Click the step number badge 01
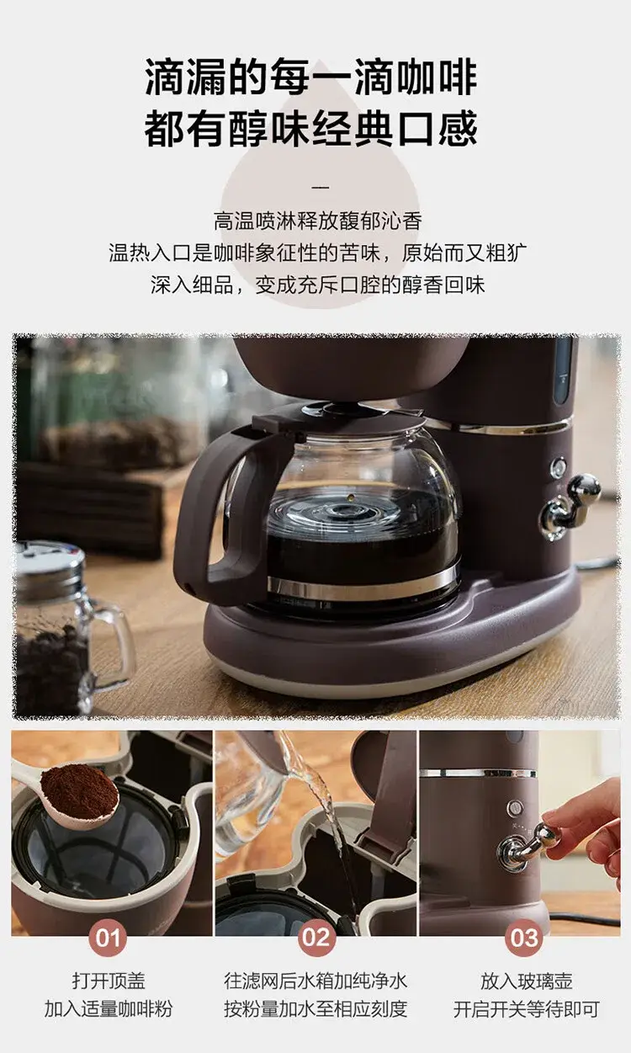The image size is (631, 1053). (108, 938)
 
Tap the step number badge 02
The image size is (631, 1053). (316, 938)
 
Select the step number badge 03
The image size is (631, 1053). (524, 938)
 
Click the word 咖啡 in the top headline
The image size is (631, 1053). (437, 77)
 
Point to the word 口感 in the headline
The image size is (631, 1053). (437, 128)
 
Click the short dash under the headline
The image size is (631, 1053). (320, 188)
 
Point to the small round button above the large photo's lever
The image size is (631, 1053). (558, 468)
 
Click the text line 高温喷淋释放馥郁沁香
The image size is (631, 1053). (318, 221)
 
